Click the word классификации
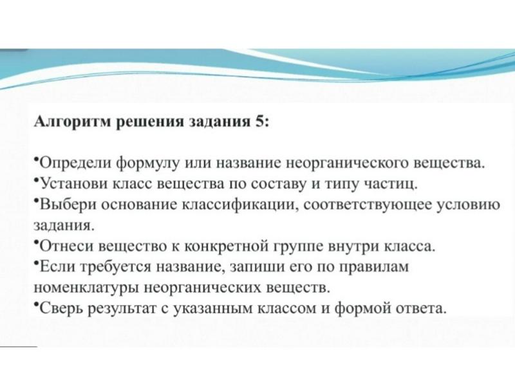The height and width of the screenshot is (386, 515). click(239, 205)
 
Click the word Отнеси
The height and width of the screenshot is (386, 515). click(66, 246)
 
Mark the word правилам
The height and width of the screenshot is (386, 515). click(373, 267)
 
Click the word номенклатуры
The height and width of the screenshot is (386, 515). click(87, 288)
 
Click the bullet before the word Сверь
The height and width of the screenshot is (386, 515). click(36, 304)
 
